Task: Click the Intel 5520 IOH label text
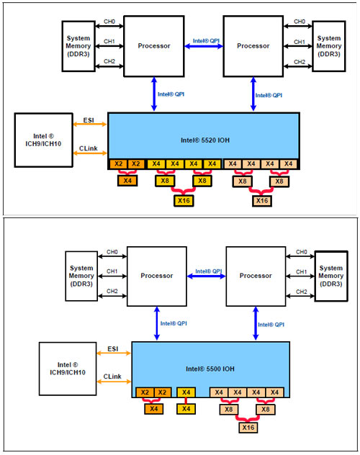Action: (205, 140)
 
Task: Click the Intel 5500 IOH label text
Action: (210, 369)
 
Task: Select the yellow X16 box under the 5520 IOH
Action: (184, 201)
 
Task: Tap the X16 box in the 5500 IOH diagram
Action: (248, 428)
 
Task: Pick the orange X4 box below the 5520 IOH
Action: (127, 181)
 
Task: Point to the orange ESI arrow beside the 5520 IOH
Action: (90, 125)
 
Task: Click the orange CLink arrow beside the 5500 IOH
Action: (114, 382)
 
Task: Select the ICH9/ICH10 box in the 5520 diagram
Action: (43, 140)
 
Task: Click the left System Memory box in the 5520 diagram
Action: (78, 46)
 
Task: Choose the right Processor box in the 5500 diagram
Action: (256, 276)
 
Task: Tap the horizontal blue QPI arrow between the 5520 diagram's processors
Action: (204, 46)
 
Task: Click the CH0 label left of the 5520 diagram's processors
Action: (109, 22)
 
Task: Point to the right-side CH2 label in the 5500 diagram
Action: (302, 292)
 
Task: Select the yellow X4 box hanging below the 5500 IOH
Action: (186, 409)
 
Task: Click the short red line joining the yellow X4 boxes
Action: (186, 401)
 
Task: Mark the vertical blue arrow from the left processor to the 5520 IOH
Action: (154, 94)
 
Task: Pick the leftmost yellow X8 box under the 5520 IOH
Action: (165, 181)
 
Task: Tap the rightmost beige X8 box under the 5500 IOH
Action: (266, 410)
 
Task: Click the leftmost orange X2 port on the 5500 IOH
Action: (145, 392)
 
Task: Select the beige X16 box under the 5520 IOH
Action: (262, 201)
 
